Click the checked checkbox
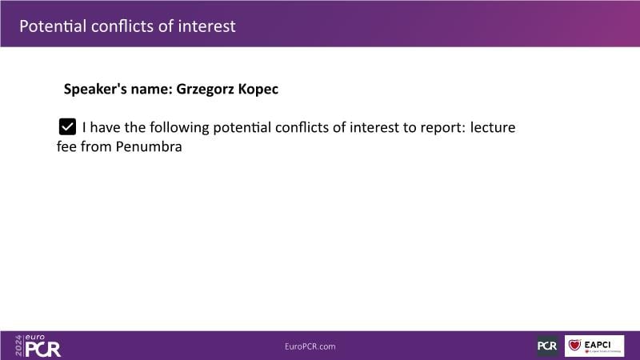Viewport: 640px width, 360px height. [67, 126]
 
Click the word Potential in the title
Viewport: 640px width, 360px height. [53, 26]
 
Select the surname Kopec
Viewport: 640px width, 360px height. [258, 89]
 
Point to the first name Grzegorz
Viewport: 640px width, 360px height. [205, 89]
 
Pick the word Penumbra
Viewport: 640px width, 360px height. [149, 146]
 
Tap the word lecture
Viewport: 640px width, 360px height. [493, 127]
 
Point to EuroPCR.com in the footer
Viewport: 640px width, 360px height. [310, 346]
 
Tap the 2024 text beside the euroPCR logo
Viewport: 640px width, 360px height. [18, 346]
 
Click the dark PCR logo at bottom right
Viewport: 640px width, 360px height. [547, 346]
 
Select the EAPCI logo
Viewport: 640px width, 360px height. [594, 346]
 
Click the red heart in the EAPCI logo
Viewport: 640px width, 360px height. [574, 345]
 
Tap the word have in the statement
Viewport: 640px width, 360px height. [105, 127]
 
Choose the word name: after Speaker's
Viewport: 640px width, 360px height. [152, 89]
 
